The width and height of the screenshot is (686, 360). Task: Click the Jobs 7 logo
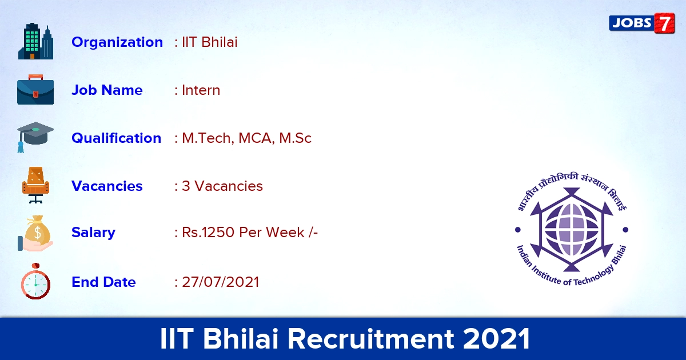coord(641,23)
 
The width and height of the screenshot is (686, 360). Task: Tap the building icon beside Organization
coord(35,41)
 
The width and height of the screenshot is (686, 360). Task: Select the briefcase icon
coord(35,89)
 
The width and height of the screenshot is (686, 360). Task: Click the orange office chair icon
coord(35,185)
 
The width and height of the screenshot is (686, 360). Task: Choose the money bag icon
coord(35,233)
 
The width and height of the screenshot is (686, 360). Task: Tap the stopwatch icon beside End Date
coord(35,281)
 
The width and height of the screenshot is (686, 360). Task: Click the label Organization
coord(117,42)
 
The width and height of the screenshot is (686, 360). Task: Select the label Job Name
coord(107,90)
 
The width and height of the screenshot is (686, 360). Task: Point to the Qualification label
coord(117,138)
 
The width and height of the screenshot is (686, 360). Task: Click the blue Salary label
coord(93,233)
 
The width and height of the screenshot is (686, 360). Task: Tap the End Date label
coord(103,282)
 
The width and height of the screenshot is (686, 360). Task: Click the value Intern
coord(201,90)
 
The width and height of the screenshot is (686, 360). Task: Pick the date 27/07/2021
coord(221,282)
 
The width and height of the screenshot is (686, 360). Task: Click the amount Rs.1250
coord(208,233)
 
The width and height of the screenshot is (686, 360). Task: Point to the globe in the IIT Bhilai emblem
coord(572,229)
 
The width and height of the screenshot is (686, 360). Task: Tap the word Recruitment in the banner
coord(371,338)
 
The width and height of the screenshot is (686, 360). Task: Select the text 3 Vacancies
coord(222,186)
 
